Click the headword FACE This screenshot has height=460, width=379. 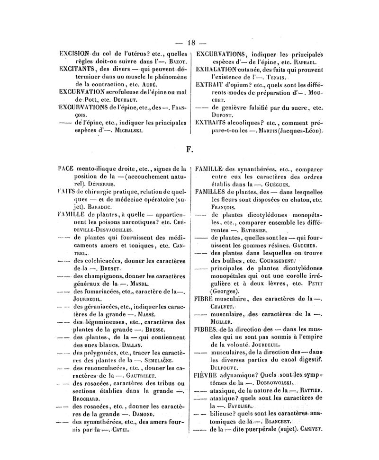pos(64,168)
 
